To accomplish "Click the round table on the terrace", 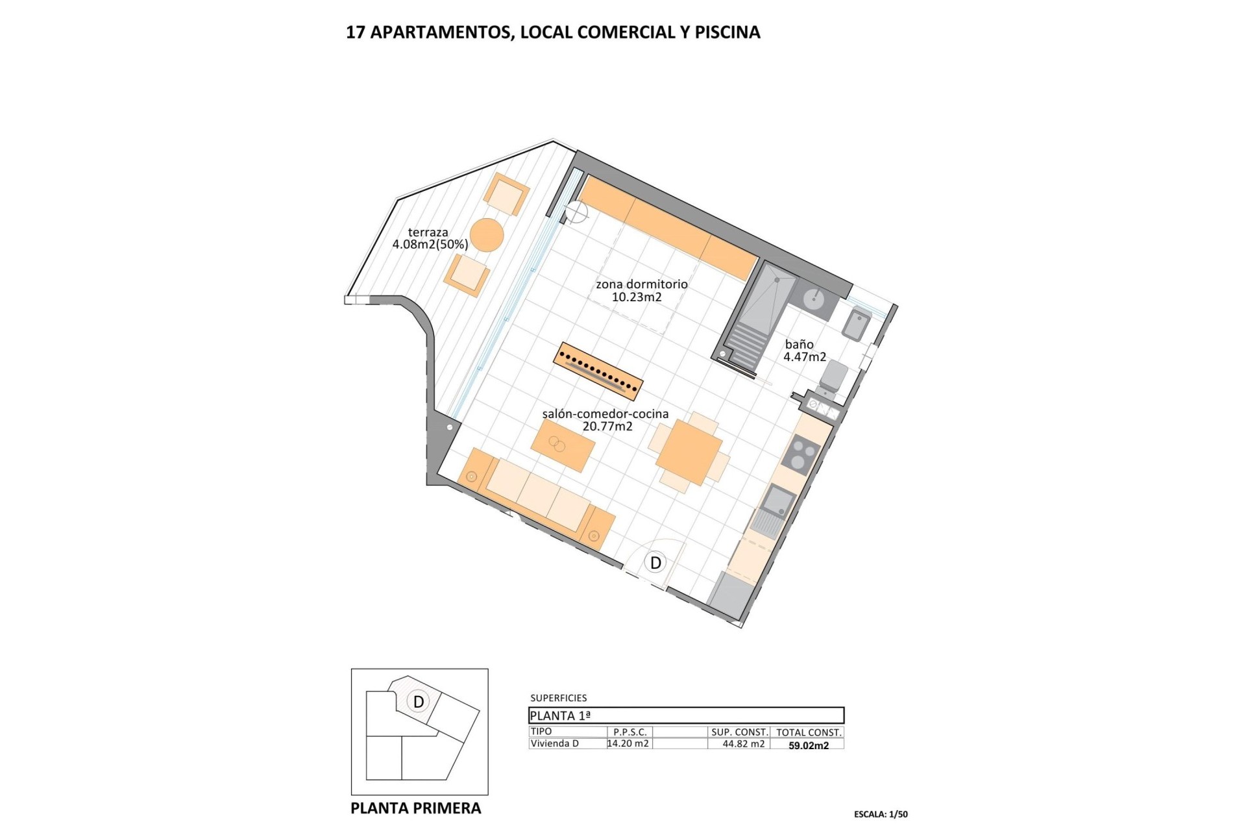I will (487, 235).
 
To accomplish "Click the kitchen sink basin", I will (778, 501).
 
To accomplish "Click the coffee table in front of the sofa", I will (563, 445).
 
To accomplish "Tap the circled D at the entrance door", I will (655, 562).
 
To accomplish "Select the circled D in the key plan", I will (419, 701).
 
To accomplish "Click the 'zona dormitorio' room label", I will (641, 284).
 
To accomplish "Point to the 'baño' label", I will (799, 345).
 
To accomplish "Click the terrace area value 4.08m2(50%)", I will (430, 245).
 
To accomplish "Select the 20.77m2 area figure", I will (607, 427).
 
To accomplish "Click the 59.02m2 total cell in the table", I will (808, 745).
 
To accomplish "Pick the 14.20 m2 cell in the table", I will (628, 744).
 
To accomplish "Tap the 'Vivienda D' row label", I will (554, 744).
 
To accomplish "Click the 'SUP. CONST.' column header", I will (739, 732).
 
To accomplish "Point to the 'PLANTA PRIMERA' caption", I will (415, 808).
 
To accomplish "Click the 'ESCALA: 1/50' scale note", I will (881, 814).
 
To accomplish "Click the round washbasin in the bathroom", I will (814, 299).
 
